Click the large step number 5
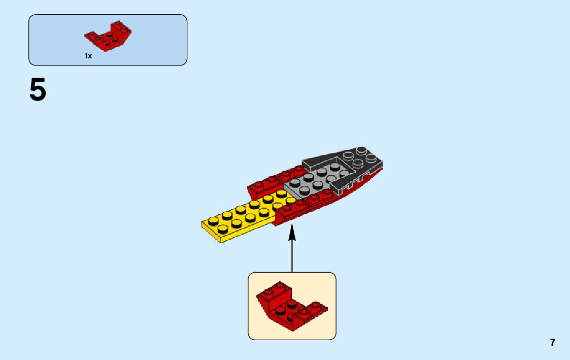coord(38,91)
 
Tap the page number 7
coord(552,342)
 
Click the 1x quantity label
coord(88,56)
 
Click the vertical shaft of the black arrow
coord(292,254)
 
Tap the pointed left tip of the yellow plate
coord(205,223)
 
